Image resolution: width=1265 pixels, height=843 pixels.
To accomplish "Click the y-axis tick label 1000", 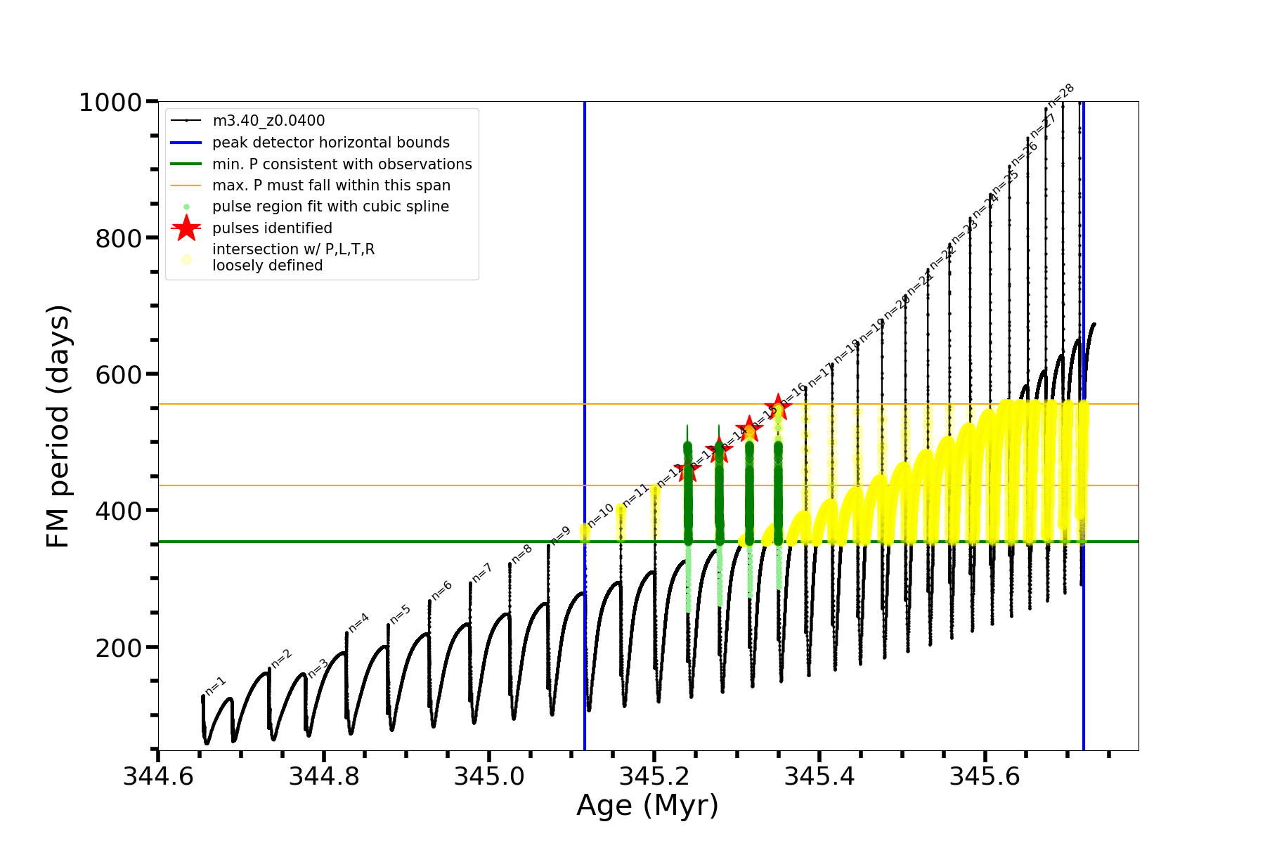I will coord(110,103).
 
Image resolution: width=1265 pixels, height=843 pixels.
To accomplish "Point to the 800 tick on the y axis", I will coord(118,239).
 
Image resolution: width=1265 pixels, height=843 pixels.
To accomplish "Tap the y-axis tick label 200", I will coord(118,648).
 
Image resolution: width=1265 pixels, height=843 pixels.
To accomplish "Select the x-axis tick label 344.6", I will coord(158,776).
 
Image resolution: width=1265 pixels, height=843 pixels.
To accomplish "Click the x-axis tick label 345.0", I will coord(489,776).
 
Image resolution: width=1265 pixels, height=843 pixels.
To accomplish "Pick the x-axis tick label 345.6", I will coord(985,776).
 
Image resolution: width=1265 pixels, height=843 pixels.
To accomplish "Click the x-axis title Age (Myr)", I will coord(647,806).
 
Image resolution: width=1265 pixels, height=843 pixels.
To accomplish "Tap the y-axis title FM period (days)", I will coord(59,426).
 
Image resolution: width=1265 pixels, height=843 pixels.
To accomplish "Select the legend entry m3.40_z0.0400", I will coord(268,121).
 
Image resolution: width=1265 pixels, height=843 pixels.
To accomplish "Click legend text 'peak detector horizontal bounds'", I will coord(331,143).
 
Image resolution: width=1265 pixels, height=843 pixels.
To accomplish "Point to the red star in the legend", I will coord(186,228).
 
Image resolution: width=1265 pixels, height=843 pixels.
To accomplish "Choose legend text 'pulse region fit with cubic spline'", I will coord(330,207).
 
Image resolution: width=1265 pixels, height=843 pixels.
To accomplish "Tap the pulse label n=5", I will coord(400,614).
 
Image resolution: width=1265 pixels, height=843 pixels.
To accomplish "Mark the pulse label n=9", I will coord(560,536).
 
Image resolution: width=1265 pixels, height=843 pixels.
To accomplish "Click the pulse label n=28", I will coord(1061,95).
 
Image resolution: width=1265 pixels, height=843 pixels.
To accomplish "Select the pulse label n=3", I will coord(318,668).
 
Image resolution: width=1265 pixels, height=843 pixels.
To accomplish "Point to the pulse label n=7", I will coord(482,573).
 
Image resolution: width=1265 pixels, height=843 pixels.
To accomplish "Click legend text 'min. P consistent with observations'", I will coord(342,164).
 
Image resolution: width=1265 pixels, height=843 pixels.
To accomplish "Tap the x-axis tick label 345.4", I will coord(819,776).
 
